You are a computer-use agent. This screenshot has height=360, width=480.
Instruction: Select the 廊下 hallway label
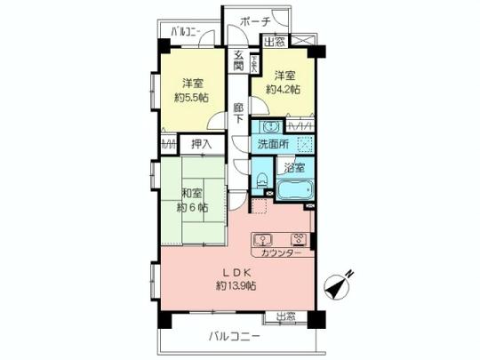click(239, 115)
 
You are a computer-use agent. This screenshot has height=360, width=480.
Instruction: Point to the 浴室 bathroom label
click(294, 166)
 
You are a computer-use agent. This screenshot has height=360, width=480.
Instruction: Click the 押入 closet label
click(202, 143)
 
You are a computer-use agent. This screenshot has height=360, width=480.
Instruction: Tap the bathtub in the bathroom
click(293, 189)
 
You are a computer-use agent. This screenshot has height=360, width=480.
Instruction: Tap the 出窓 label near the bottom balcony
click(284, 316)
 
